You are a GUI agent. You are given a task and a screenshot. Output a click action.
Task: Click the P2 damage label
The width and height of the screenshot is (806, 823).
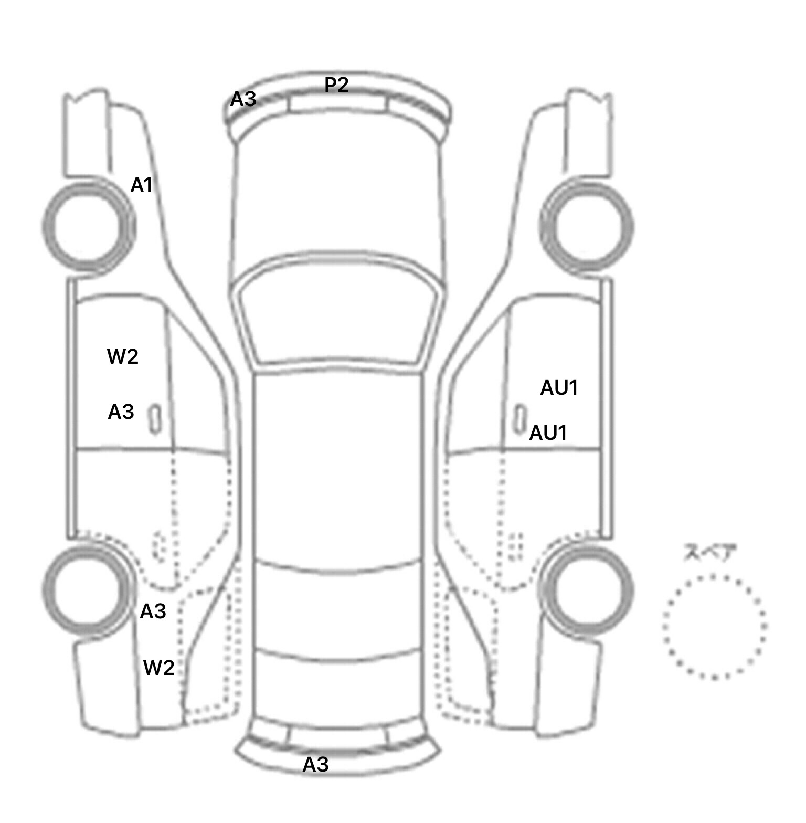(x=336, y=85)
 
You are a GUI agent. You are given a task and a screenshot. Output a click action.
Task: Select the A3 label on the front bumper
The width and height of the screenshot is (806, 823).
(x=243, y=99)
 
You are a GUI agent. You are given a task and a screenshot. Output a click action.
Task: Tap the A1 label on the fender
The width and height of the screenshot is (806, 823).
(x=141, y=185)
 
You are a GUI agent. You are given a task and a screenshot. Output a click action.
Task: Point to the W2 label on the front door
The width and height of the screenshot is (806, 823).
(x=123, y=356)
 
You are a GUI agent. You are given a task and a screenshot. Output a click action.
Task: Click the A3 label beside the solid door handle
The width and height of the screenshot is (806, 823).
(x=121, y=412)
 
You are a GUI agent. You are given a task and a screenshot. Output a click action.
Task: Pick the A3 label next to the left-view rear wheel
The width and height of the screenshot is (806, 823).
(x=153, y=611)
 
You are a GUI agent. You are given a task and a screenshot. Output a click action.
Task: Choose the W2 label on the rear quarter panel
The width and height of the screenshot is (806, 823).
(x=159, y=668)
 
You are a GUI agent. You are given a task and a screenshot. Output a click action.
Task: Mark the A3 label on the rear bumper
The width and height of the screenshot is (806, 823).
(x=316, y=764)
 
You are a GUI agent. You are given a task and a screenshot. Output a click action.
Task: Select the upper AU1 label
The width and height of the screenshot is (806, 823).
(x=559, y=388)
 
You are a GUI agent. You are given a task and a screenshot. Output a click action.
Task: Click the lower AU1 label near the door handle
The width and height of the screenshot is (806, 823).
(x=548, y=433)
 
